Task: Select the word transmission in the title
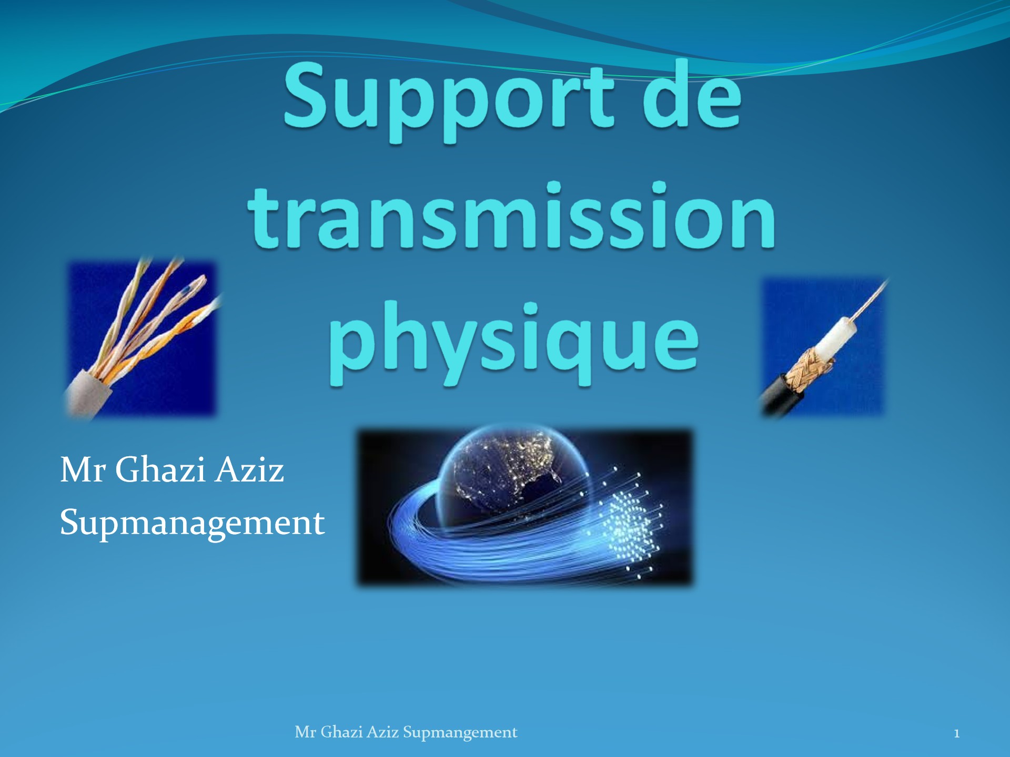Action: click(511, 216)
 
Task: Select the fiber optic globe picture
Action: click(525, 507)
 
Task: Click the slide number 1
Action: click(956, 733)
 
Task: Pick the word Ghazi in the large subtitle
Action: click(160, 469)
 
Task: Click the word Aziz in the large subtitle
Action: click(250, 469)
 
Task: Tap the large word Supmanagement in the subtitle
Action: click(192, 524)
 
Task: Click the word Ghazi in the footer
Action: click(341, 732)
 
